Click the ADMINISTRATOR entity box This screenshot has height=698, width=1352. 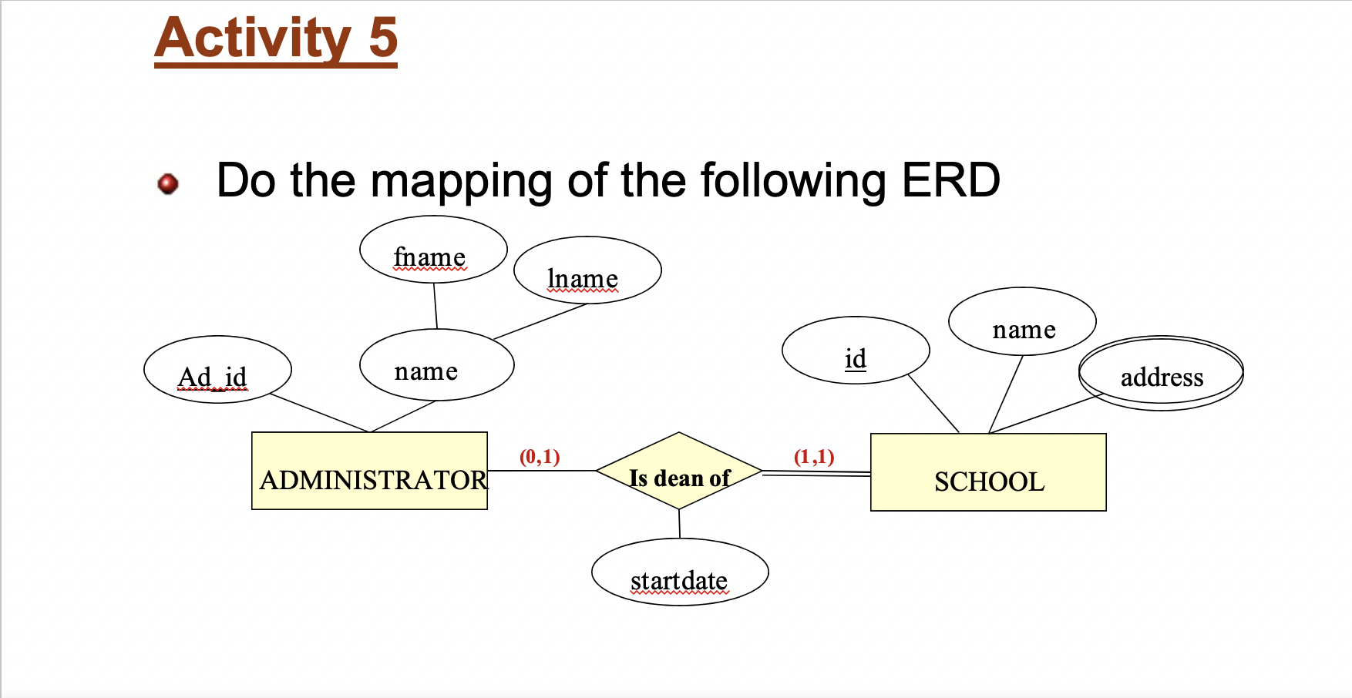[x=370, y=471]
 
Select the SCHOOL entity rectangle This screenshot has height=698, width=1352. [x=988, y=472]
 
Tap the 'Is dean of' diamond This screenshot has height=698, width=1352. [x=679, y=471]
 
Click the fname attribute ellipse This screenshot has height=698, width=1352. [x=433, y=250]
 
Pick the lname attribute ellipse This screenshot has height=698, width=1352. [x=587, y=270]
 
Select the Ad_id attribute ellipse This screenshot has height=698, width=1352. [x=217, y=370]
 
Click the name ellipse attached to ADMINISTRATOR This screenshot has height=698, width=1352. [x=436, y=365]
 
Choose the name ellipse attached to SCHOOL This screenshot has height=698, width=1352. [x=1022, y=322]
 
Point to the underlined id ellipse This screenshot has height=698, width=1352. [x=856, y=351]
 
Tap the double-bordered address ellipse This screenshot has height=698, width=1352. [x=1161, y=374]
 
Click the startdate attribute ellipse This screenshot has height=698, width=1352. [x=680, y=572]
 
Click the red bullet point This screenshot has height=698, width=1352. [x=168, y=183]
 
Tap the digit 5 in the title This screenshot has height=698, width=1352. [x=383, y=38]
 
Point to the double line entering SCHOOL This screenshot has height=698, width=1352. [x=816, y=474]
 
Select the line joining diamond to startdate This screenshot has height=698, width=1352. [x=679, y=524]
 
